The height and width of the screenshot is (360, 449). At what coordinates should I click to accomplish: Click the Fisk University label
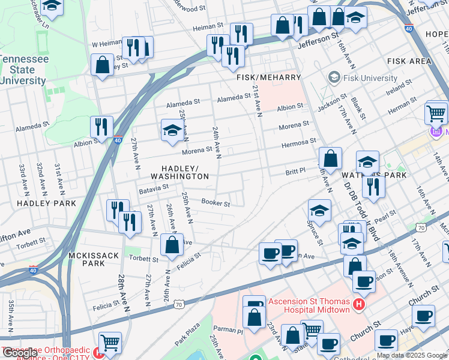[370, 78]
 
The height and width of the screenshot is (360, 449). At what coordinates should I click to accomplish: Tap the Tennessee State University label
[25, 70]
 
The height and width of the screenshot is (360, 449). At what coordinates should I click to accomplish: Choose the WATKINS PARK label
[374, 175]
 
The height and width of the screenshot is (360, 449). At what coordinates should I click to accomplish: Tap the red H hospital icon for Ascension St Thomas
[359, 305]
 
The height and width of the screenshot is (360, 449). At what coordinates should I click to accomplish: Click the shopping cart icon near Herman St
[436, 112]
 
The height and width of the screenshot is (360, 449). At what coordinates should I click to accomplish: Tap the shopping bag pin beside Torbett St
[172, 244]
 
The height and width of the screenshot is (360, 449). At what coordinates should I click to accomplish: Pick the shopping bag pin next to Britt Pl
[330, 159]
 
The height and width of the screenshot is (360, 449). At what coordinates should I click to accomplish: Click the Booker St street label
[215, 203]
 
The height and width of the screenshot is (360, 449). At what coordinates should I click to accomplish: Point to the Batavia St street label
[153, 188]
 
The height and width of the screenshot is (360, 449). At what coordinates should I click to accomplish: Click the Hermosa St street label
[298, 142]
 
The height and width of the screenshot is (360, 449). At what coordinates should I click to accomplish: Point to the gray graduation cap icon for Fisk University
[334, 78]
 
